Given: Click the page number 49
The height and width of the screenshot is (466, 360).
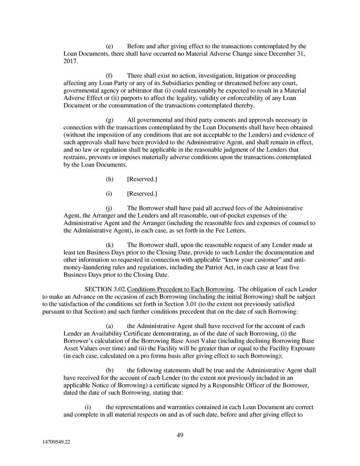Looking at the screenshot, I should pos(179,435).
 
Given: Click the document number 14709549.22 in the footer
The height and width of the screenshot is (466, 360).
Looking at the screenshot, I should pos(54,442).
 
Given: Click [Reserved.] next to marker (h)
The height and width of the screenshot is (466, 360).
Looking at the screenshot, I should pos(142,179).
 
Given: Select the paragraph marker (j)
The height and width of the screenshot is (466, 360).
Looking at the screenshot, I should pos(109,208).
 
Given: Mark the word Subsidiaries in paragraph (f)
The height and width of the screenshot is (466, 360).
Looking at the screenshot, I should pos(169,83).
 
